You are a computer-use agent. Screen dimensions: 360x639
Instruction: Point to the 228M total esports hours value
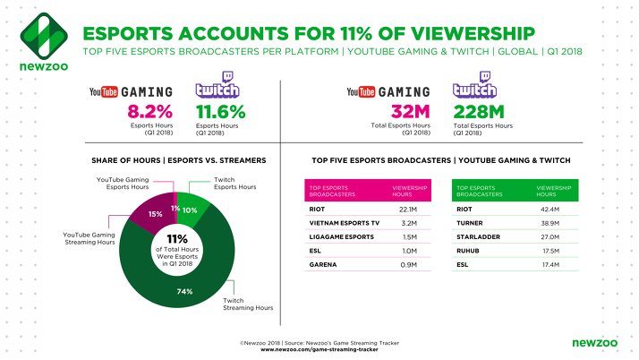pos(479,112)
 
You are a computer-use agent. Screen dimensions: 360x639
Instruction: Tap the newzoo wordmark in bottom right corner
pos(591,342)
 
